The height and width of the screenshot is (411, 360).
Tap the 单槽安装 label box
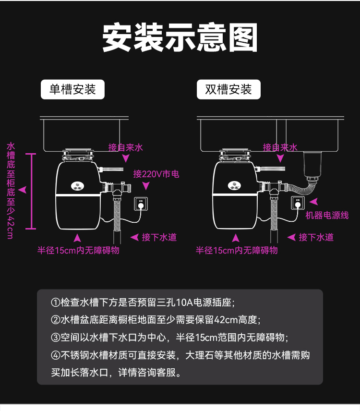pos(72,89)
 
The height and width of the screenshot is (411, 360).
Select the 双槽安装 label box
pos(228,89)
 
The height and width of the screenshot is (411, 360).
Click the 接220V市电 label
pos(156,174)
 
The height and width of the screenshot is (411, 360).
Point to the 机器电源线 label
pos(327,215)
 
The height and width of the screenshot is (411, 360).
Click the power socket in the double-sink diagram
pos(298,204)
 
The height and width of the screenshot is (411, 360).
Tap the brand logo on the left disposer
pos(77,185)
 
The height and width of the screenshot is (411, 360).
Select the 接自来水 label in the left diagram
pos(125,147)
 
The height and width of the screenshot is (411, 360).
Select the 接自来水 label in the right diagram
pos(280,147)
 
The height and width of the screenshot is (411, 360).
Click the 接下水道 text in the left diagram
pos(159,237)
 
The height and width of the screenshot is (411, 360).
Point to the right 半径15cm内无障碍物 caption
pos(236,250)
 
